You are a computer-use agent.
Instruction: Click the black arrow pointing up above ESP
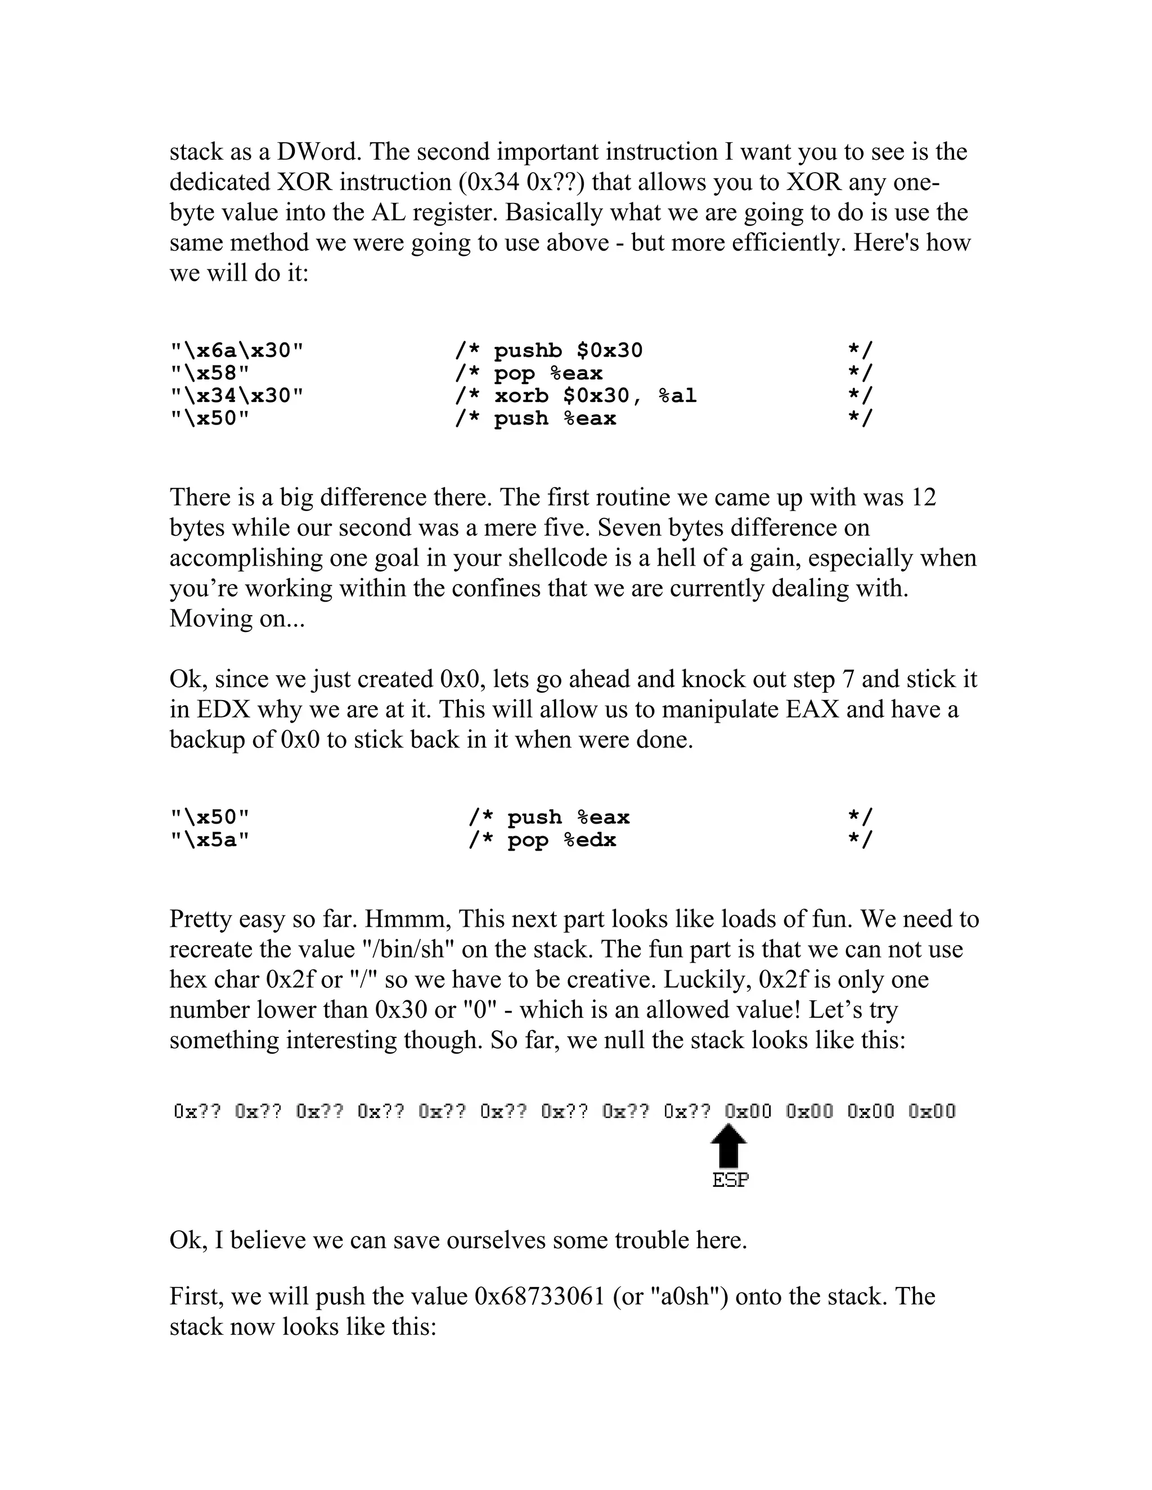click(729, 1145)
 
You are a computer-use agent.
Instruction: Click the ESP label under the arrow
click(730, 1180)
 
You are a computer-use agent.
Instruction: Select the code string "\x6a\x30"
click(236, 351)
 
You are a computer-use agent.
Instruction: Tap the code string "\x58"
click(209, 373)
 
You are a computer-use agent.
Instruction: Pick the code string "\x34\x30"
click(236, 396)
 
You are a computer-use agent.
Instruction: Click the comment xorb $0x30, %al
click(595, 396)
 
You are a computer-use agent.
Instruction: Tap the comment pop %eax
click(548, 373)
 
